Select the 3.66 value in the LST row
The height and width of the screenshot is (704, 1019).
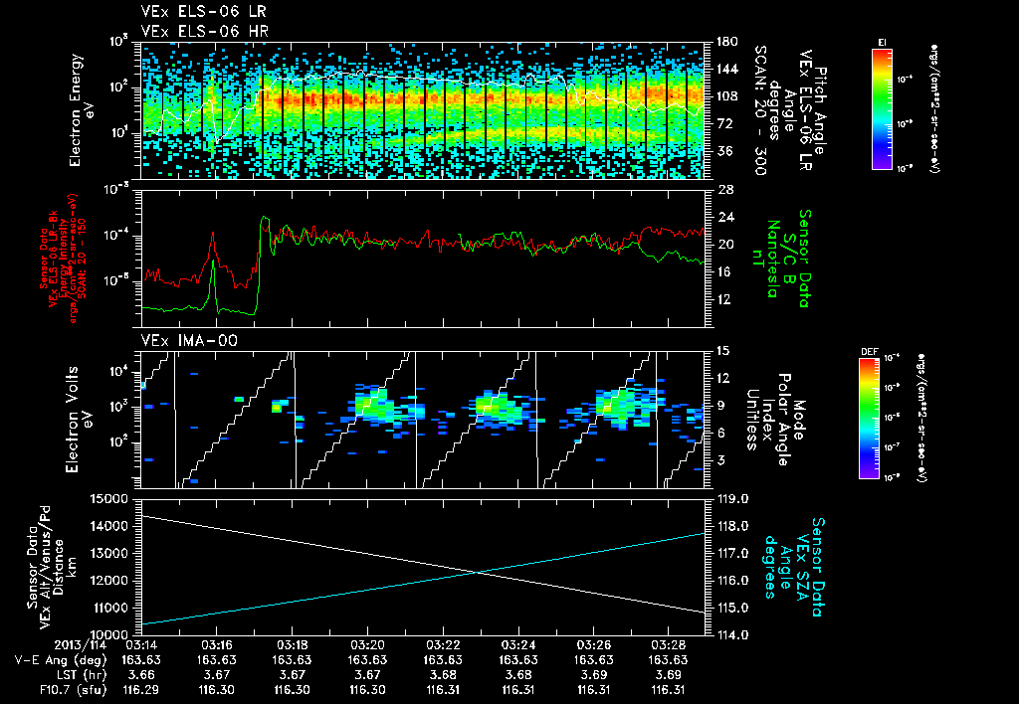139,673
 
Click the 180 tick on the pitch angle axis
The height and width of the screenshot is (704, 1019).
724,42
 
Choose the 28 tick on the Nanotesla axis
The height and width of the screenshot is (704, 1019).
722,189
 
